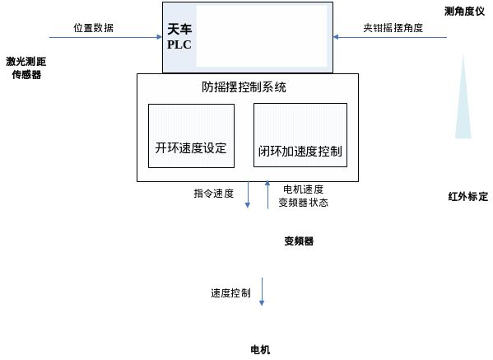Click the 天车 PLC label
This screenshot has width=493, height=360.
coord(179,37)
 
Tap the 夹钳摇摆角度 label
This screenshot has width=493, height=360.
coord(393,27)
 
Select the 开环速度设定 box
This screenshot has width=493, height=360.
coord(190,136)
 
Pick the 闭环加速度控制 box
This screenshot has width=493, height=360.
coord(300,136)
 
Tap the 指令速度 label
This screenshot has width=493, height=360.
coord(214,194)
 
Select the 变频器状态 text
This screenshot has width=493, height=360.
coord(304,202)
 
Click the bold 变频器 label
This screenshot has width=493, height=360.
coord(299,241)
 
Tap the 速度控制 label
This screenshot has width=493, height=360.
coord(230,293)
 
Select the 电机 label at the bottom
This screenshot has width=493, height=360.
coord(260,349)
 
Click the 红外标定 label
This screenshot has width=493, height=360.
coord(467,197)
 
